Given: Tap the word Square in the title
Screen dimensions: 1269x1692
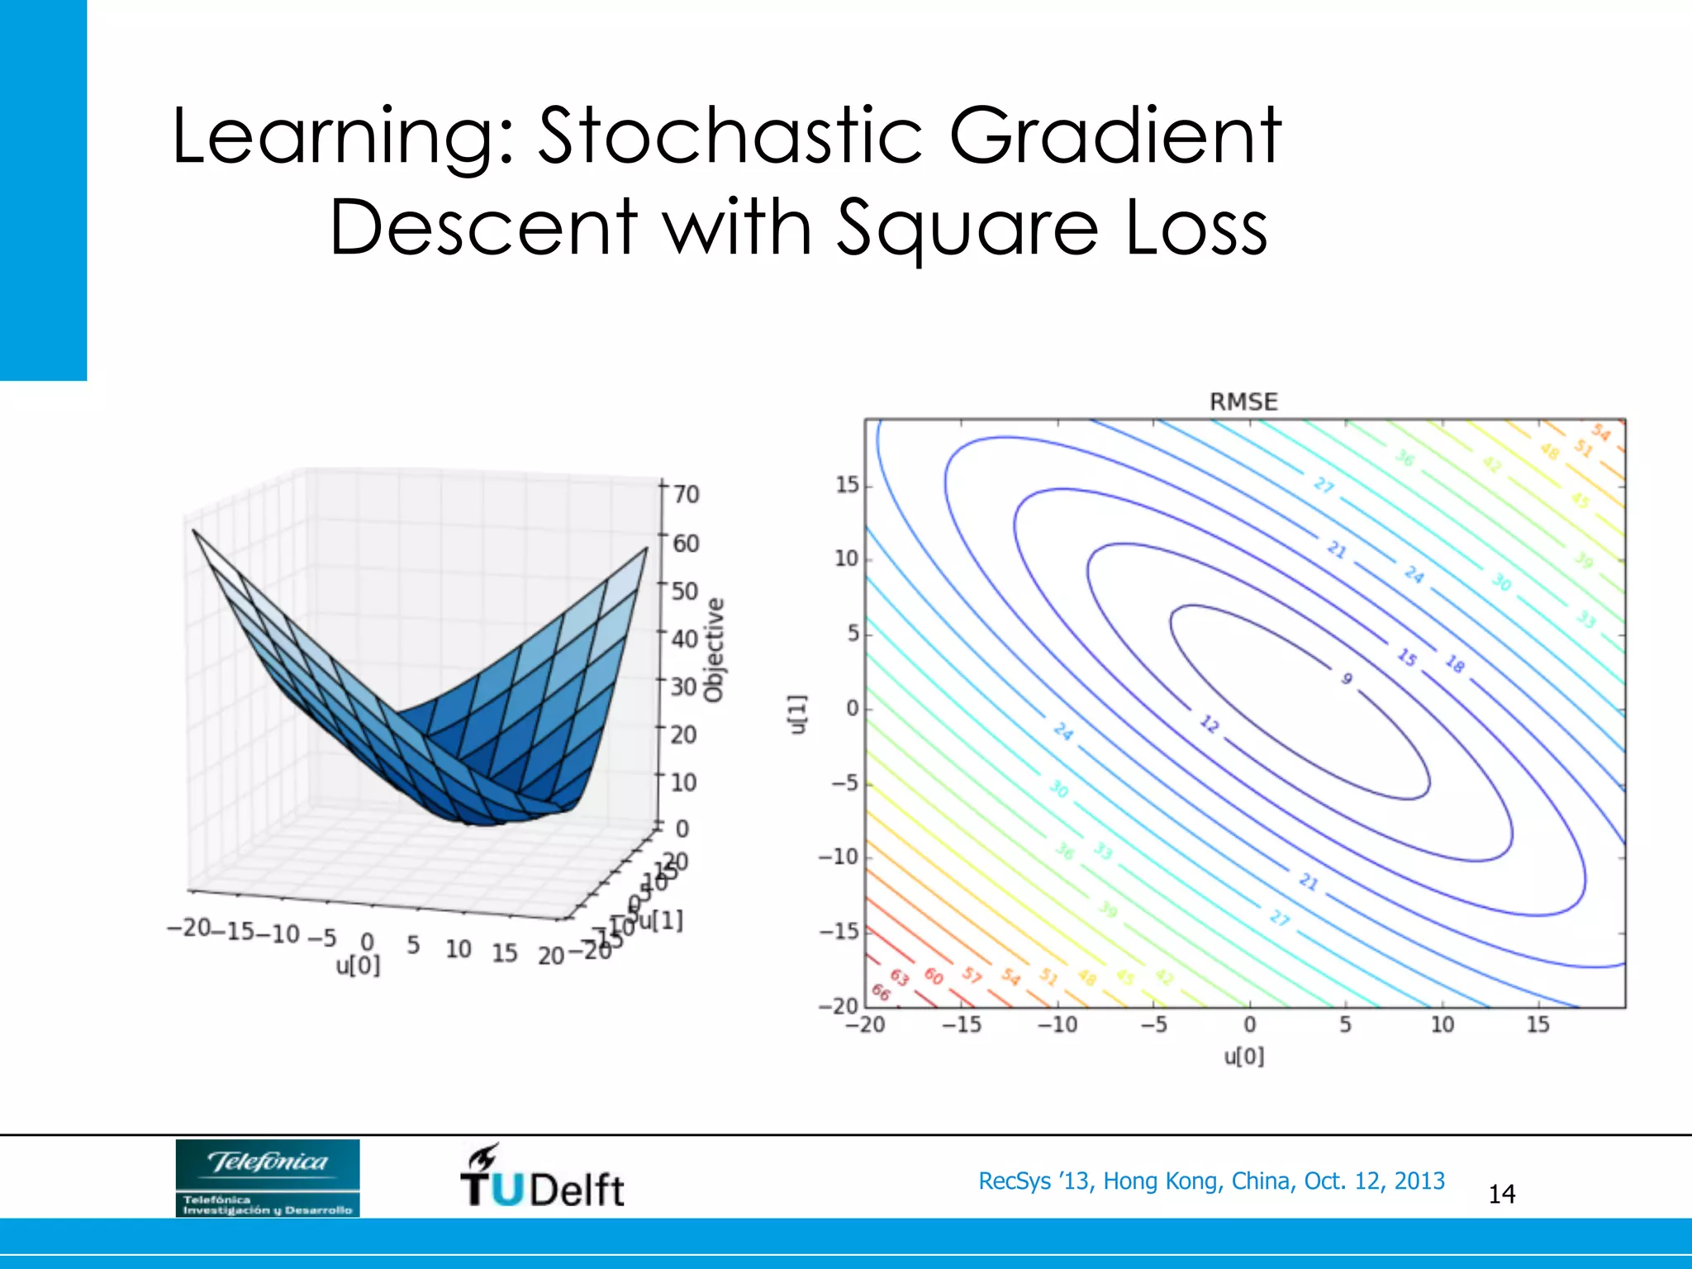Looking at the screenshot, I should click(x=967, y=229).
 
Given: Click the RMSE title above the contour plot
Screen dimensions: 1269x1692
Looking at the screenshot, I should click(x=1243, y=402).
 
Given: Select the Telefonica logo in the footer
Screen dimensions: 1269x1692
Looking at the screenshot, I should click(x=268, y=1177).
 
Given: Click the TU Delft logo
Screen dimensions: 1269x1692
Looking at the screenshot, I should click(x=542, y=1178).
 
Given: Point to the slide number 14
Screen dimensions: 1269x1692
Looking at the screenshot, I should click(x=1501, y=1194).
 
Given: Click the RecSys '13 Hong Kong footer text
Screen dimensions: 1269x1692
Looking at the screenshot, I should click(x=1211, y=1181).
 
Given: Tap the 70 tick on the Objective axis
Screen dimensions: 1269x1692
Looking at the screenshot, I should click(x=686, y=494).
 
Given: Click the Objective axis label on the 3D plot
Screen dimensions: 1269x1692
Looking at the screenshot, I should click(x=714, y=650).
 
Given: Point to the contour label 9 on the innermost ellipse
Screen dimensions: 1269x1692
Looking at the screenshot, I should click(x=1347, y=678).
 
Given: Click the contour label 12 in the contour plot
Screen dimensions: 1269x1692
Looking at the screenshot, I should click(x=1209, y=725).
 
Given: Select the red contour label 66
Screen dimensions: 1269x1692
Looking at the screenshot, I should click(x=881, y=992).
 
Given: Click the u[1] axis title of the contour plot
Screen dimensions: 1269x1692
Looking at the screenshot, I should click(x=796, y=713).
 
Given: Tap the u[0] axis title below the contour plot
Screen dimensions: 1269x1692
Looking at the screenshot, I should click(x=1243, y=1057).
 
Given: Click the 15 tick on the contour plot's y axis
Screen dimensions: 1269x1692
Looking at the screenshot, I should click(x=847, y=485).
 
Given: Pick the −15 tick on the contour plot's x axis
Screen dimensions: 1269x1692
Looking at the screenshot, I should click(x=962, y=1024).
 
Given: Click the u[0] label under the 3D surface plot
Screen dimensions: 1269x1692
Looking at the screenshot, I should click(x=358, y=965).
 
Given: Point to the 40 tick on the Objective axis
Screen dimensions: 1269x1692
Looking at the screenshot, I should click(x=685, y=638).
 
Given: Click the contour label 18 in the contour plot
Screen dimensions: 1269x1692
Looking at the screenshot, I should click(x=1455, y=663).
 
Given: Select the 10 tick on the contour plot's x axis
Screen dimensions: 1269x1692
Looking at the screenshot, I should click(x=1442, y=1024).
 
